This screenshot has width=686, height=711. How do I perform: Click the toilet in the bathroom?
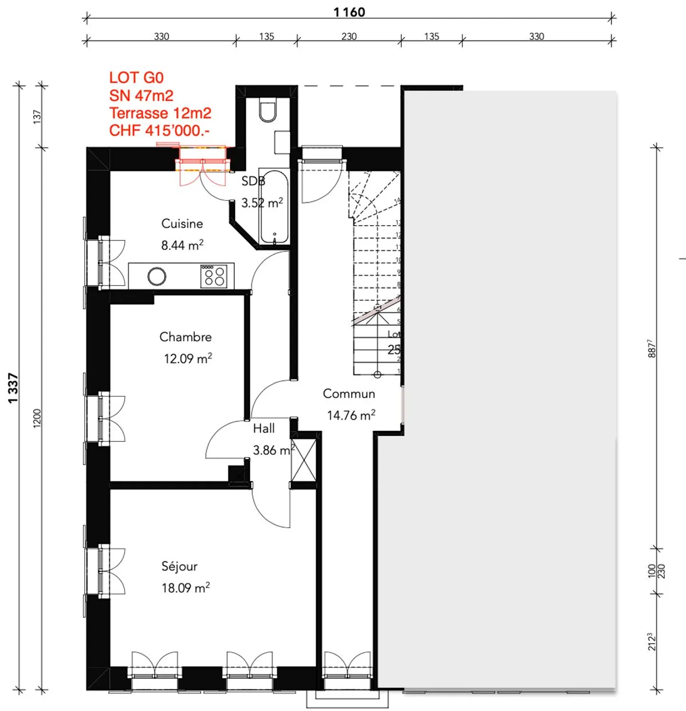[x=268, y=111]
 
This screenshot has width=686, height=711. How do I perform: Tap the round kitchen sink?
[x=157, y=276]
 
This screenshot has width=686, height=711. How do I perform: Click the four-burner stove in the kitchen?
[x=214, y=276]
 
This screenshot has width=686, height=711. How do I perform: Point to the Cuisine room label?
[x=182, y=224]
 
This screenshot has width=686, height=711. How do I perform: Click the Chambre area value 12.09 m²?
[x=188, y=358]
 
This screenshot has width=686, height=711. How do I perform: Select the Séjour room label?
[x=179, y=566]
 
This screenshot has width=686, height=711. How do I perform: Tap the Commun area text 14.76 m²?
[x=351, y=415]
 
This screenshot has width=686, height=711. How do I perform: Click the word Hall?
[x=263, y=429]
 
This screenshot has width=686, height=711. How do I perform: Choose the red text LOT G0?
[x=136, y=78]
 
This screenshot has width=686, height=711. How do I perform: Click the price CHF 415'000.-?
[x=159, y=130]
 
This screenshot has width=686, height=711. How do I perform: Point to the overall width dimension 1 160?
[x=349, y=12]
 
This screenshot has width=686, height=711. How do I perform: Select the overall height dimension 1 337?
[x=13, y=388]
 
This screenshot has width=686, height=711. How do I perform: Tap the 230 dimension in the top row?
[x=349, y=37]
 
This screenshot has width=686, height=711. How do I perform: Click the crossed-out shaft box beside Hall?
[x=303, y=461]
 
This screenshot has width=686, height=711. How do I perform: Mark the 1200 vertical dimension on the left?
[x=37, y=418]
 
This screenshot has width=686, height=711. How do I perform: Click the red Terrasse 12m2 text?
[x=160, y=113]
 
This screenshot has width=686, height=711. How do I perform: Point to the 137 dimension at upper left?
[x=37, y=117]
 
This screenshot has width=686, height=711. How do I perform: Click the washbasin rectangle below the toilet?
[x=282, y=142]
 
